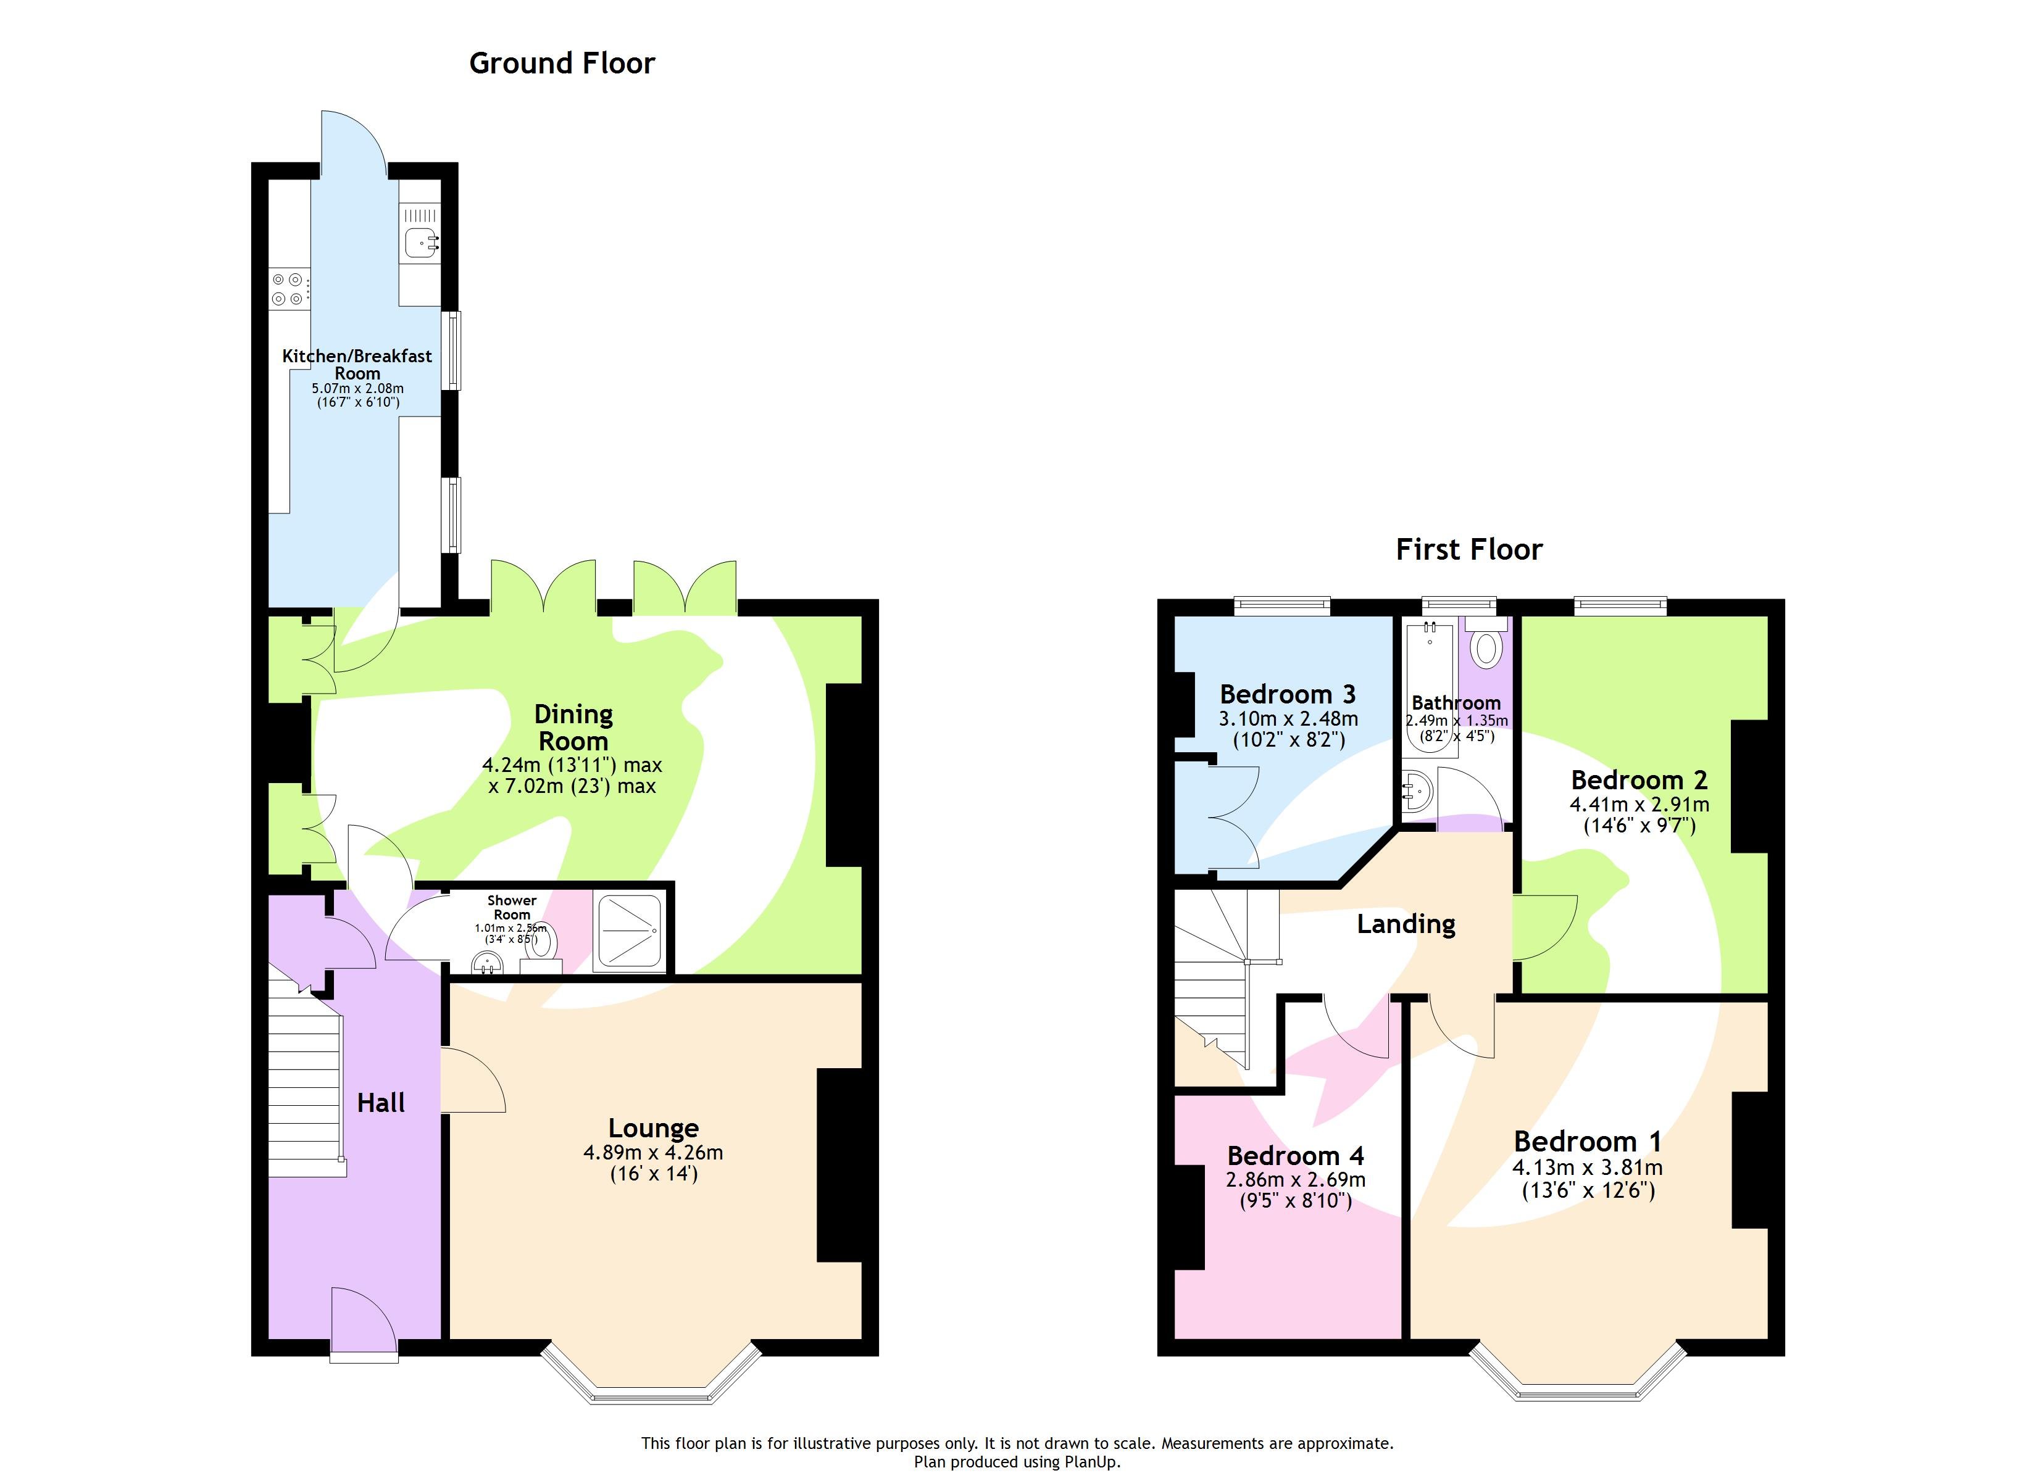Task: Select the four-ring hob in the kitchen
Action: pyautogui.click(x=288, y=289)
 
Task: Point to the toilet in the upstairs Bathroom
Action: pyautogui.click(x=1486, y=647)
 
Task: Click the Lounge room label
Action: pyautogui.click(x=653, y=1128)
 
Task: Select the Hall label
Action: pyautogui.click(x=381, y=1103)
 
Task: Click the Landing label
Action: pyautogui.click(x=1406, y=924)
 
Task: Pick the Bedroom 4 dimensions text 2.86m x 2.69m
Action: pyautogui.click(x=1295, y=1179)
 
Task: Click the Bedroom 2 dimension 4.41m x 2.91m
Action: pyautogui.click(x=1639, y=805)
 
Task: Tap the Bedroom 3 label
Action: pyautogui.click(x=1287, y=694)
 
